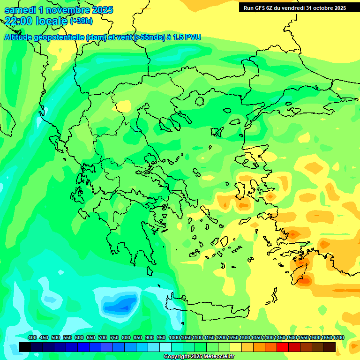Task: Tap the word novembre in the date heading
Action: (68, 10)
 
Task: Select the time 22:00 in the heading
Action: (18, 21)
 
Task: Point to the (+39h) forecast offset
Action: (81, 21)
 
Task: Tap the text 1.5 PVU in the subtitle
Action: (187, 37)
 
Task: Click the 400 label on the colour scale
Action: (32, 337)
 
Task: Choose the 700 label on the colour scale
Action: (103, 337)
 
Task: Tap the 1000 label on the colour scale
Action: (174, 337)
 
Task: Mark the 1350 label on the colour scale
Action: (256, 337)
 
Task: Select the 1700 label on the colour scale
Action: (338, 337)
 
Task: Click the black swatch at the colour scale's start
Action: (25, 347)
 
